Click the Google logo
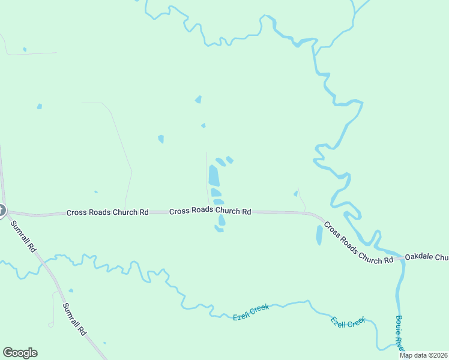tap(20, 353)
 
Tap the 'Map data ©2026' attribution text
tap(424, 355)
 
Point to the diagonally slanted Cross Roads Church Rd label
tap(358, 242)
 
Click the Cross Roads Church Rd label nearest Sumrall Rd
tap(107, 212)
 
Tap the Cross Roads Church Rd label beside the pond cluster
tap(210, 211)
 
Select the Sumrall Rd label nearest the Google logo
tap(75, 319)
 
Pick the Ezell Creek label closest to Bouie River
tap(349, 322)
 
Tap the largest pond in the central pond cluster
tap(213, 176)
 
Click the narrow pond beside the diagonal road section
tap(319, 235)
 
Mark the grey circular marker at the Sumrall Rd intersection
tap(1, 210)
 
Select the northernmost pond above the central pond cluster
tap(198, 99)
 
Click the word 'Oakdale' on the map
tap(418, 257)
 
